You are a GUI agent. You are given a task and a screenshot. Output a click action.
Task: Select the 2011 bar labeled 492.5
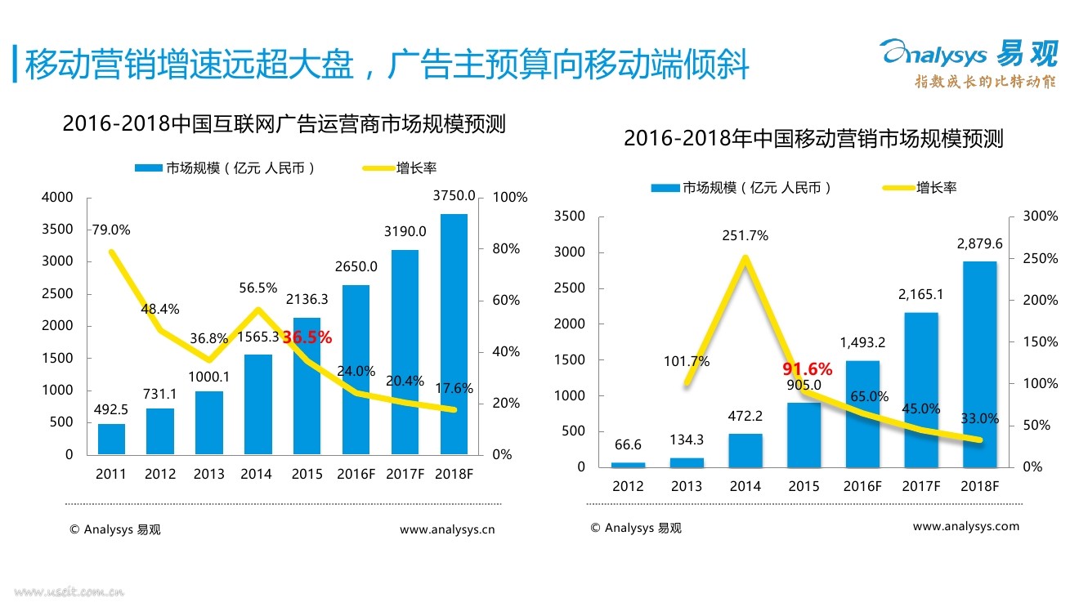tap(111, 439)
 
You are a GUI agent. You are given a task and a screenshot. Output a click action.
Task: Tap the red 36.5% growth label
tap(307, 337)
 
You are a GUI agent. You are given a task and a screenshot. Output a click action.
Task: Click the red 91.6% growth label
tap(807, 368)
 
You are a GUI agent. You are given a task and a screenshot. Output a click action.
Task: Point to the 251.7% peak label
tap(745, 236)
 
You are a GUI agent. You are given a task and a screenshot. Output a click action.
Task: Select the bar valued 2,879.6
tap(979, 364)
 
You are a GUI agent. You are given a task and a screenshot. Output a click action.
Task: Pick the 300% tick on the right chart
tap(1040, 216)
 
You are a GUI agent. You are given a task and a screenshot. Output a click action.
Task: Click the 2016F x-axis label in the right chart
tap(862, 486)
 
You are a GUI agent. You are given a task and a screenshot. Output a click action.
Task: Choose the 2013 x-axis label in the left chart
tap(208, 474)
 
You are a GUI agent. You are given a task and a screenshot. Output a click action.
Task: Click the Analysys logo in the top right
tap(968, 55)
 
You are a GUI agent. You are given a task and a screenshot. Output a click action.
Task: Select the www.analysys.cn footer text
tap(447, 529)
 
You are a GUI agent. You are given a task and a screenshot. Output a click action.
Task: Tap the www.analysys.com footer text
tap(966, 527)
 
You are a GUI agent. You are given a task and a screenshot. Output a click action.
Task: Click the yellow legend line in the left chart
tap(377, 168)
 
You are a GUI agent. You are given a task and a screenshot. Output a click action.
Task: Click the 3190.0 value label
tap(405, 232)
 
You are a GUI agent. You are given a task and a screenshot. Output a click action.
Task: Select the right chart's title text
tap(813, 139)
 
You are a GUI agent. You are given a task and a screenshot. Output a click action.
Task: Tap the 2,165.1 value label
tap(920, 295)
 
